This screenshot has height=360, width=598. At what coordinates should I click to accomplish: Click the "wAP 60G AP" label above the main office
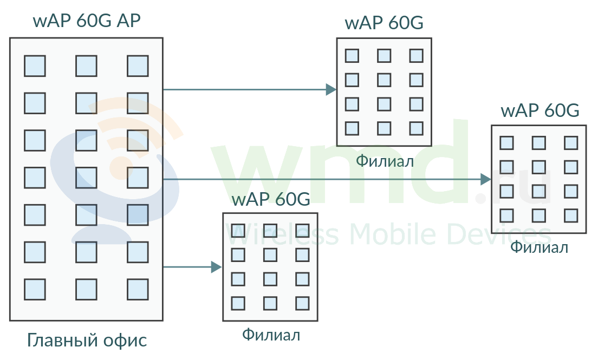point(87,21)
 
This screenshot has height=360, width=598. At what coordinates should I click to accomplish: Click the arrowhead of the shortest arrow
point(217,267)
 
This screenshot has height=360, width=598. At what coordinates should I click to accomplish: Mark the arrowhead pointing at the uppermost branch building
point(331,89)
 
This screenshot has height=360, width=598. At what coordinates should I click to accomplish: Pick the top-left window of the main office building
point(35,66)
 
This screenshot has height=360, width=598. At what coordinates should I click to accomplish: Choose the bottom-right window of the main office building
point(138,289)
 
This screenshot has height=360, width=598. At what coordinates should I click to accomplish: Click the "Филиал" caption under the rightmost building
point(539,248)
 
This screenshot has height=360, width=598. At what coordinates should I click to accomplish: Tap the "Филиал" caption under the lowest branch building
point(271,335)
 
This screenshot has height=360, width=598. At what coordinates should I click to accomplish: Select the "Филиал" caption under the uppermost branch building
point(385,161)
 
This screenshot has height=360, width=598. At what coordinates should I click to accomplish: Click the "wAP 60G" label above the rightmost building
point(540,110)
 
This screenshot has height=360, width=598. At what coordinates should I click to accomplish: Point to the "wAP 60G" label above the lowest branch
point(271,199)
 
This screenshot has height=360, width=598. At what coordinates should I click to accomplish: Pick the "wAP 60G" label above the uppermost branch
point(384,23)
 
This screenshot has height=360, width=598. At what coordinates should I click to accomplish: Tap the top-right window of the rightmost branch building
point(571,143)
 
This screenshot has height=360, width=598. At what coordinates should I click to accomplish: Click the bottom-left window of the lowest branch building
point(238,303)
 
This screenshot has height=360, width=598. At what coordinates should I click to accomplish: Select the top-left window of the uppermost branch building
point(352,56)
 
